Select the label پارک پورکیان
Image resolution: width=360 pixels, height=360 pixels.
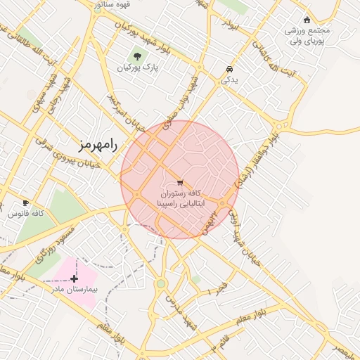point(137,68)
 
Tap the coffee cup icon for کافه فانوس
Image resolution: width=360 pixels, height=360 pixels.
point(26,202)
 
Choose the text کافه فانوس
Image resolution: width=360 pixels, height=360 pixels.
point(27,213)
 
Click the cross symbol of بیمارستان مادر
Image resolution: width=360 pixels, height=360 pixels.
point(75,278)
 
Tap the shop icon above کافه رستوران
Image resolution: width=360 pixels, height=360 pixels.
point(180,182)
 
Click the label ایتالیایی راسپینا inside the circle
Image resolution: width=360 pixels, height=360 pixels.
point(180,202)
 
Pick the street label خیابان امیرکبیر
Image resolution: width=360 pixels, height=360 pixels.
point(121,112)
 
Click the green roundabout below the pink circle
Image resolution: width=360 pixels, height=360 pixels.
point(161,284)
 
